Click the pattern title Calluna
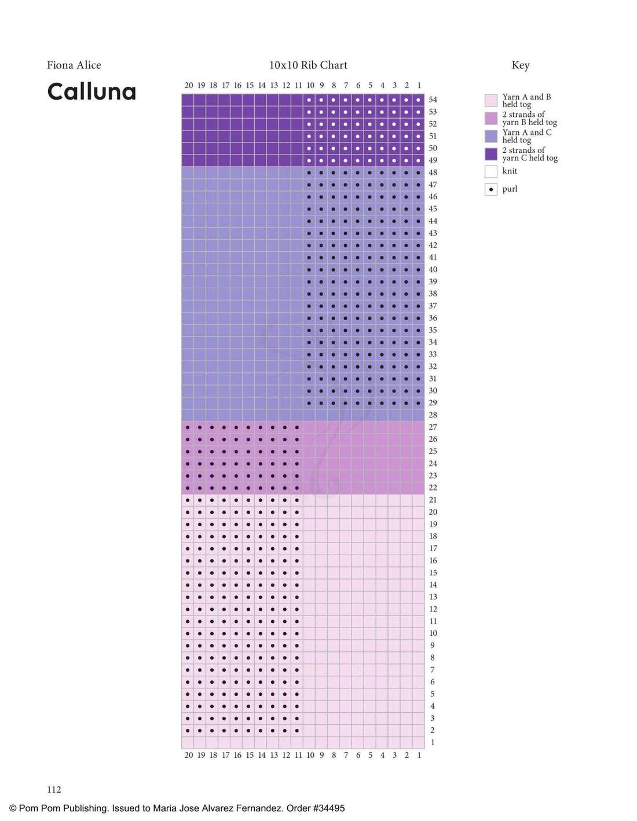[91, 91]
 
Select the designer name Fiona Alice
[74, 65]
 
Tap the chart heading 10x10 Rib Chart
[308, 65]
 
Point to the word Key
[520, 65]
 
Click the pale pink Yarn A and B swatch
[490, 101]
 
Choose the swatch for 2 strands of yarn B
[490, 119]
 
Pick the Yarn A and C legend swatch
[490, 136]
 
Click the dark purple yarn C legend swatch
[490, 154]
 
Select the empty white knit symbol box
[490, 171]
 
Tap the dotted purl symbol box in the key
[490, 189]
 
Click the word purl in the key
[510, 189]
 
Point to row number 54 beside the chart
[433, 100]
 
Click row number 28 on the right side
[433, 415]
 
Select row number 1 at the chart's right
[433, 742]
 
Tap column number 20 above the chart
[189, 85]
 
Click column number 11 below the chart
[298, 755]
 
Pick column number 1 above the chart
[419, 85]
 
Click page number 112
[54, 789]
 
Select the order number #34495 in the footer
[327, 808]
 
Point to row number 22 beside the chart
[433, 488]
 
